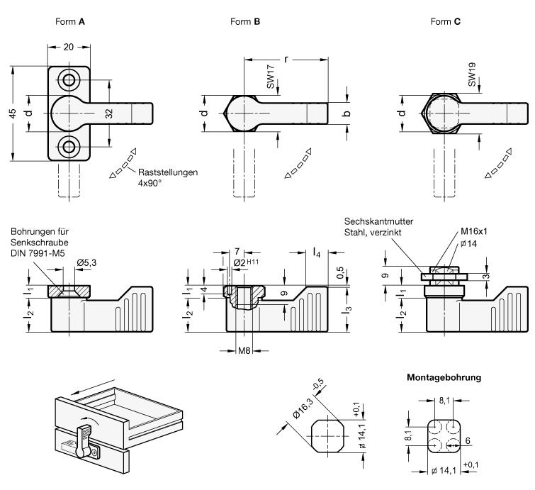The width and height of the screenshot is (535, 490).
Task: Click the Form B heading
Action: (x=245, y=21)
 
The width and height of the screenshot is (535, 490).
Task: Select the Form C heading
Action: (x=446, y=21)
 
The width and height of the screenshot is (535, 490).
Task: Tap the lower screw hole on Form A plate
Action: (x=69, y=147)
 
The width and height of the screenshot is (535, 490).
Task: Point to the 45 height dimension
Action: (x=13, y=113)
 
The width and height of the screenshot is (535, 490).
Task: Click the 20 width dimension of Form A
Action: (x=69, y=47)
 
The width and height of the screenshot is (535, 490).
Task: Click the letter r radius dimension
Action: (x=286, y=60)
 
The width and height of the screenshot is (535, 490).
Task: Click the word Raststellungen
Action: (x=168, y=172)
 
